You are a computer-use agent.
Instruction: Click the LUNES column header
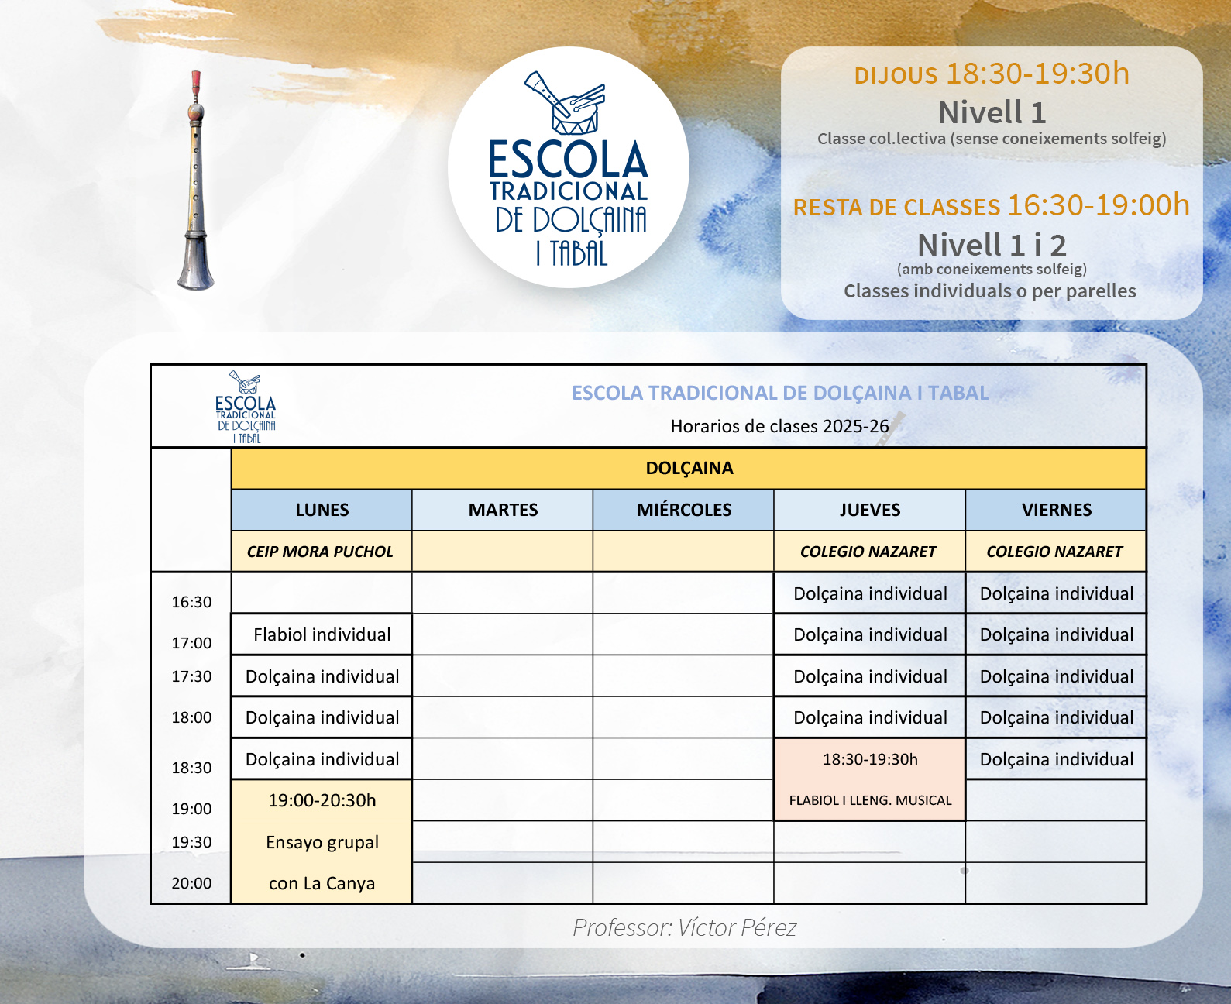(322, 510)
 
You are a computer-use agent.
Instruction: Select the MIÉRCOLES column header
(683, 510)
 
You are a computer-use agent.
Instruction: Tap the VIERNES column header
(1056, 510)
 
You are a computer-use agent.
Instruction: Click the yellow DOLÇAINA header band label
(689, 468)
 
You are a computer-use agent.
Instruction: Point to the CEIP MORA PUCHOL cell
(320, 552)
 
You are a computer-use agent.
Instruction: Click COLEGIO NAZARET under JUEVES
(868, 552)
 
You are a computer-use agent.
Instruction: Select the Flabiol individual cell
(322, 634)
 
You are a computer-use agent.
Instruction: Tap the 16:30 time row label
(191, 602)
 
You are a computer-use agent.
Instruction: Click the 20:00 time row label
(191, 883)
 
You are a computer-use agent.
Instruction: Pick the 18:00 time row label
(191, 717)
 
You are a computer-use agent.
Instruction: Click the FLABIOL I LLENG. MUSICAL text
(870, 800)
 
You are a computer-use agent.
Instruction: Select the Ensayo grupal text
(322, 842)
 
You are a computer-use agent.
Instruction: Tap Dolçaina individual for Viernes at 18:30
(1056, 759)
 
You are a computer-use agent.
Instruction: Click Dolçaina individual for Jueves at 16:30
(870, 593)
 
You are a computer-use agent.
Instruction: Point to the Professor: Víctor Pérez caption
(684, 927)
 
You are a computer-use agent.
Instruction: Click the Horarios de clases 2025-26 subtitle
(779, 426)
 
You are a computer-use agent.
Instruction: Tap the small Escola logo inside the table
(246, 407)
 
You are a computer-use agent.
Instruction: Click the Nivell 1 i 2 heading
(992, 245)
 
